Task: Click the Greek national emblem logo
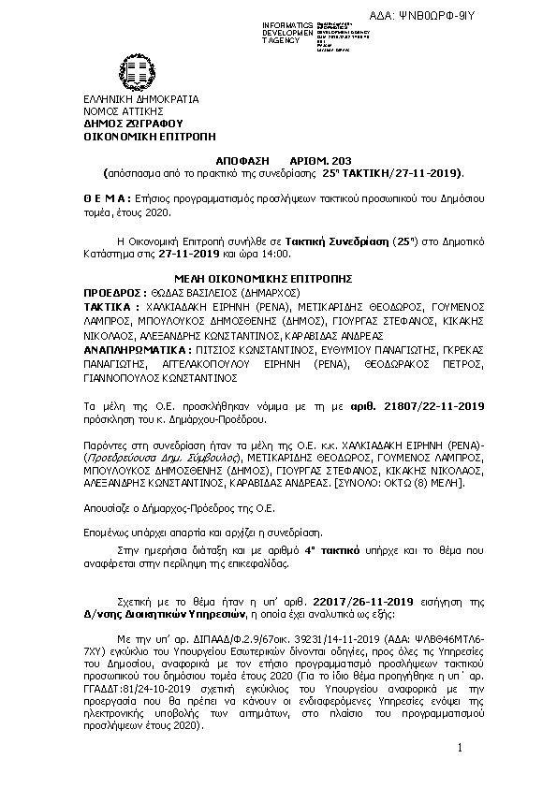pos(131,71)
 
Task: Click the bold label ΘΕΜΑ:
pos(107,200)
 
